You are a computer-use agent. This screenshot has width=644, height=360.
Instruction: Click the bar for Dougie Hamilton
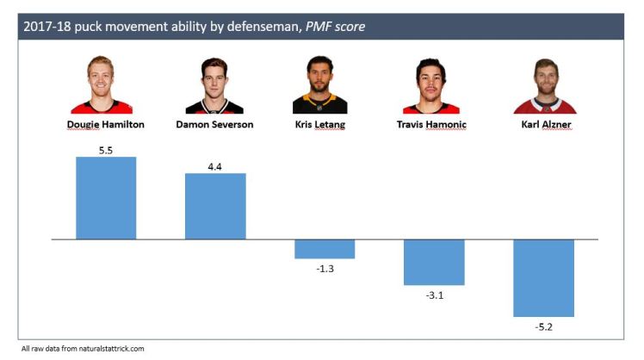106,198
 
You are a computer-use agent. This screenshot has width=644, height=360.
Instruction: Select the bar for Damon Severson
215,207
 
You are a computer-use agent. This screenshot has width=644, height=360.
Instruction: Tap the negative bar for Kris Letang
325,249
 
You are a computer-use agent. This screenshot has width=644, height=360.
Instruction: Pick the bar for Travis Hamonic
434,262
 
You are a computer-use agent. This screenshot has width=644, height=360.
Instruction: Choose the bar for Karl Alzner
543,277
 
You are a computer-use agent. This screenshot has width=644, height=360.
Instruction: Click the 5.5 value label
106,149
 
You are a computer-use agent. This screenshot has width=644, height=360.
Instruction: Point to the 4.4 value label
215,165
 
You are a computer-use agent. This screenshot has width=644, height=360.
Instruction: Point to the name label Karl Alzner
544,124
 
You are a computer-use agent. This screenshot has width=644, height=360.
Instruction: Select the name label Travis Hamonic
434,124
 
